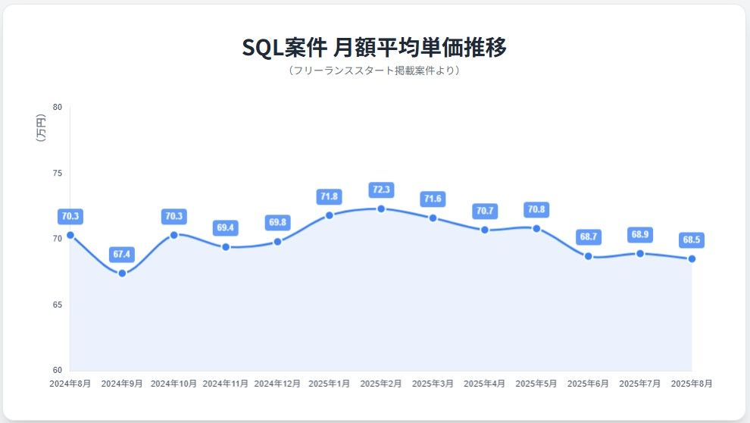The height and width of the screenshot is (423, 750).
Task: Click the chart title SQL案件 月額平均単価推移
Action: pos(374,46)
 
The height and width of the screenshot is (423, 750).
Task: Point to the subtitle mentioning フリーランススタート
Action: pos(374,70)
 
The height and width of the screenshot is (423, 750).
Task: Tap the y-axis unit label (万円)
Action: pos(41,127)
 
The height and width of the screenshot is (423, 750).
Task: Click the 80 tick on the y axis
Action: pos(58,107)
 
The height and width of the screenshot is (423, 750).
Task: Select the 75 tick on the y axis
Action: pos(58,174)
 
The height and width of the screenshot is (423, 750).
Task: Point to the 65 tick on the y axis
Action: pos(58,305)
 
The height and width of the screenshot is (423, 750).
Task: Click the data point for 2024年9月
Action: pos(122,273)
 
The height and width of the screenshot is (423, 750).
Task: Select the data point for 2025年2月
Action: pos(381,208)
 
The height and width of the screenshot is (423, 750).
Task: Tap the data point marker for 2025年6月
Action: pos(588,256)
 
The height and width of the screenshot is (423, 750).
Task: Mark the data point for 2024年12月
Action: pos(277,242)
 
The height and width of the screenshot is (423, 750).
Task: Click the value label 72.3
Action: pos(381,190)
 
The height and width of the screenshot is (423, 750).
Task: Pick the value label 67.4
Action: pos(122,254)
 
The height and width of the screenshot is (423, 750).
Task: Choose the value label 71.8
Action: pos(329,196)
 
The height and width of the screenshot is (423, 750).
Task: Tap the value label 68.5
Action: pos(692,240)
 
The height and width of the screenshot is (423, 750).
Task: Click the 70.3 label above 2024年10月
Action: pos(173,216)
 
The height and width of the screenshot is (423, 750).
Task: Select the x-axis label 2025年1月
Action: pos(329,384)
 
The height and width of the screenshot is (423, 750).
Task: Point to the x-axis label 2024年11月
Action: pos(226,384)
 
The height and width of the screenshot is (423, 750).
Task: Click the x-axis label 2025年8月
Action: pos(692,384)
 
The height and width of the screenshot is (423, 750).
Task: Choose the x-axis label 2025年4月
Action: pos(484,384)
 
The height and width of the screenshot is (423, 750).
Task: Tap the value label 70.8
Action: pos(536,209)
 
